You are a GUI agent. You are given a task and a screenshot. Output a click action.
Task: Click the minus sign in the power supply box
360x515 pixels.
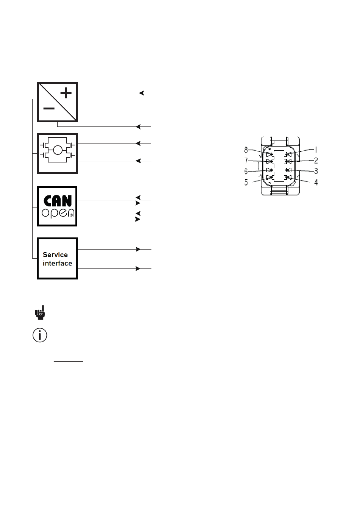49,109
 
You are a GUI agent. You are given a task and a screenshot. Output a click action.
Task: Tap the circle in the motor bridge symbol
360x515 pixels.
58,150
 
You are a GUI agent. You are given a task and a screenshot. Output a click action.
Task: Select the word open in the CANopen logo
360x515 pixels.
57,213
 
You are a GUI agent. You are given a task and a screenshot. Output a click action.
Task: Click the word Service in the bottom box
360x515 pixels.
55,255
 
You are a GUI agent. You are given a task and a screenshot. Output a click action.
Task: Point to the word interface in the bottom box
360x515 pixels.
57,264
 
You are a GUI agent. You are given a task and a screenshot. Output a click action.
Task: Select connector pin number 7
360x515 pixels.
246,161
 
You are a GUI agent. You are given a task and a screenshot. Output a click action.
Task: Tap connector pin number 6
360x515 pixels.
246,171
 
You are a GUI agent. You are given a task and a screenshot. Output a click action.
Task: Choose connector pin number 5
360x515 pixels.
246,182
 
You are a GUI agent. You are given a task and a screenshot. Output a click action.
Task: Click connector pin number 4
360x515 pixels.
316,182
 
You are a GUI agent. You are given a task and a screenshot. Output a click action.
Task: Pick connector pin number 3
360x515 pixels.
316,171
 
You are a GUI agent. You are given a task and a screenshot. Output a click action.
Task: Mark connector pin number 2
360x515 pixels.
316,161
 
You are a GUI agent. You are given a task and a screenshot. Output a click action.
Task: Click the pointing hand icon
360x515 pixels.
40,312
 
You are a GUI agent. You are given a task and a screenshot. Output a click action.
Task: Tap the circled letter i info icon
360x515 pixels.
40,335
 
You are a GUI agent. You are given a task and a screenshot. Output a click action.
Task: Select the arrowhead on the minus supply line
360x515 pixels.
138,126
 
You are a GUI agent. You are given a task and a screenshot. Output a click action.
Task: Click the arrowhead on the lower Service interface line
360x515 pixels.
138,268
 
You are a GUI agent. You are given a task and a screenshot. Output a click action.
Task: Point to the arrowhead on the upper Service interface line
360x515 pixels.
138,249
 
